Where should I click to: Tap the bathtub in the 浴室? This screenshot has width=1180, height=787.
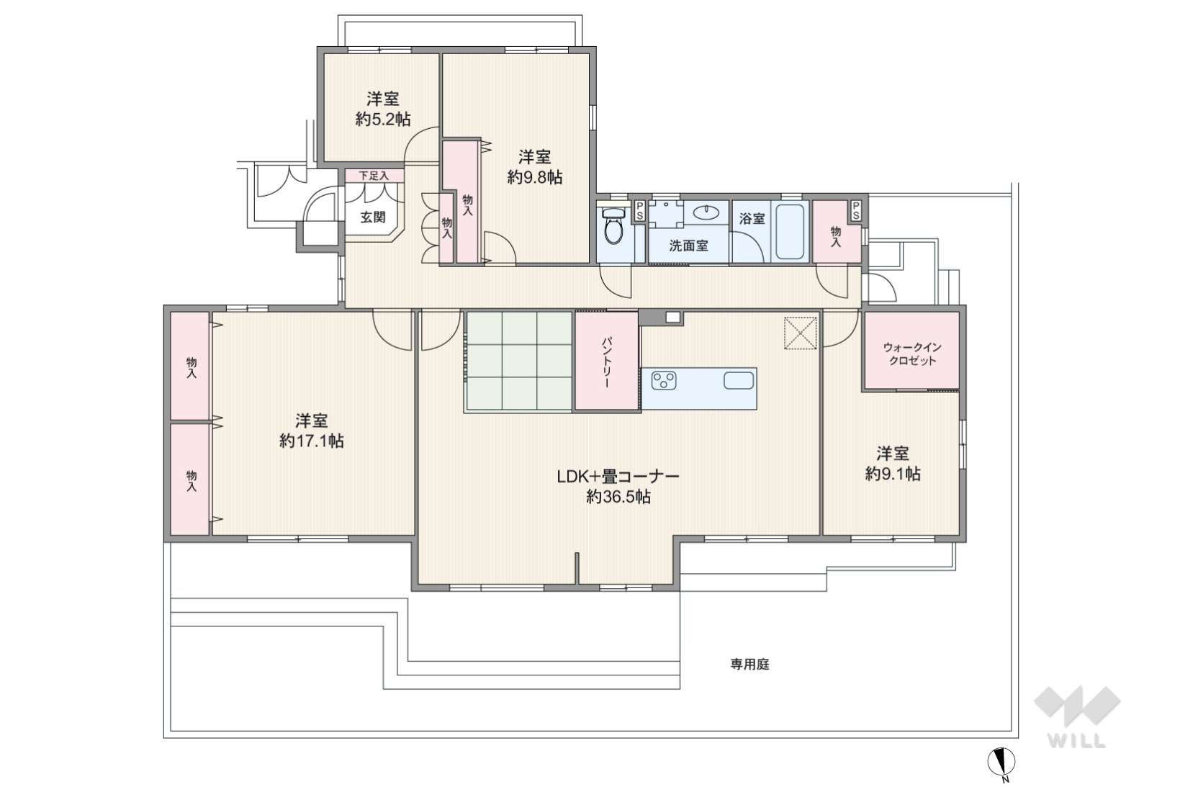(x=790, y=232)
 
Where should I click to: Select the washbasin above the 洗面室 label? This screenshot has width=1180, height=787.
(x=706, y=212)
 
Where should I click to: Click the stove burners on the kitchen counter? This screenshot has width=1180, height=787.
(x=664, y=380)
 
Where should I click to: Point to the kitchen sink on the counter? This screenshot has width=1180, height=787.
(x=739, y=380)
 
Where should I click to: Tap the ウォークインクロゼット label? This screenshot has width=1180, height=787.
(x=912, y=354)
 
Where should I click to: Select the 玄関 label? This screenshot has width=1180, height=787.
(x=373, y=217)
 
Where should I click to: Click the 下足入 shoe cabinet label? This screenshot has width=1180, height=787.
(x=374, y=176)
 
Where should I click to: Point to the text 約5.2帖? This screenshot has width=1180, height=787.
(x=383, y=120)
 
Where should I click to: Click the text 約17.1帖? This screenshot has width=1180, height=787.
(x=312, y=441)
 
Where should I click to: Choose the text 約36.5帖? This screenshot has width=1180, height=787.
(x=618, y=497)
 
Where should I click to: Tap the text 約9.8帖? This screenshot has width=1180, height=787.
(x=535, y=177)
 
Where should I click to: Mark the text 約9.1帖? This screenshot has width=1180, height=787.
(x=893, y=474)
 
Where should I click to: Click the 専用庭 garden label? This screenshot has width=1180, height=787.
(x=749, y=665)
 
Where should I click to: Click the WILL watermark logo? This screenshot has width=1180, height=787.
(x=1077, y=716)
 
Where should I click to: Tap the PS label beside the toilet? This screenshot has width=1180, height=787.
(x=639, y=210)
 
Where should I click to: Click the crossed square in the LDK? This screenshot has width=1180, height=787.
(x=800, y=333)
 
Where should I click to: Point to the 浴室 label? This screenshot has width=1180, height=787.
(x=752, y=219)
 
